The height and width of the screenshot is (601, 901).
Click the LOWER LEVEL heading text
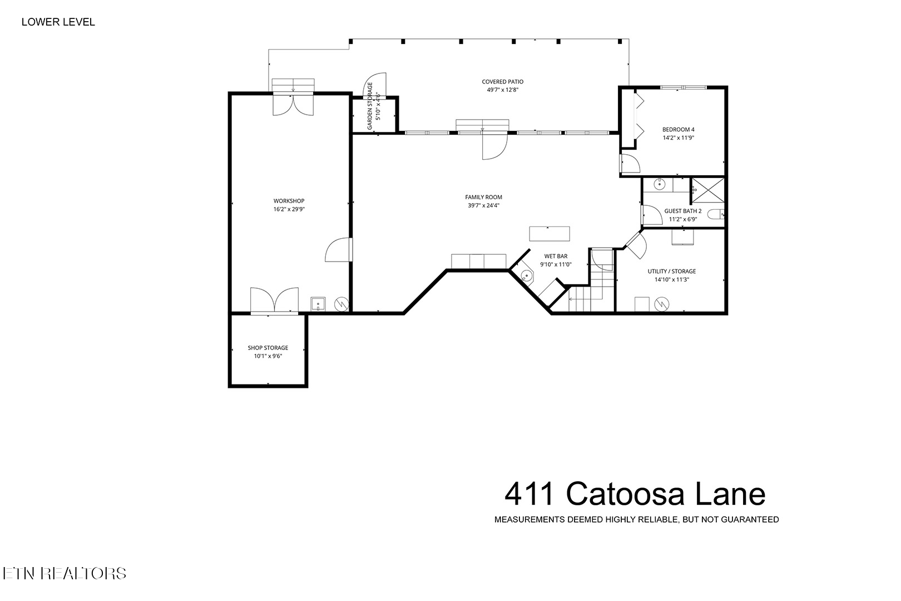click(58, 22)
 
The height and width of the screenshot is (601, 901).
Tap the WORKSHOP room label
click(289, 201)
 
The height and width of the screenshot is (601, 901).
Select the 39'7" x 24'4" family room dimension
click(483, 205)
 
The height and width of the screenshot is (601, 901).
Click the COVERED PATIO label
click(502, 82)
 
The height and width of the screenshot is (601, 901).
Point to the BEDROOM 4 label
click(678, 130)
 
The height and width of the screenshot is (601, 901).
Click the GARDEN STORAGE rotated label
click(370, 106)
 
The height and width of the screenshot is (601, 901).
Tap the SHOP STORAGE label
click(268, 348)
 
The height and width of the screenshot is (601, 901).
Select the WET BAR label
click(556, 256)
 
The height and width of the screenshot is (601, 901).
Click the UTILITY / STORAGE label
click(672, 272)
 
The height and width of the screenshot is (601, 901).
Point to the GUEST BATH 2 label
click(683, 211)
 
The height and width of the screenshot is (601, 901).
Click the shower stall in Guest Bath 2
click(708, 190)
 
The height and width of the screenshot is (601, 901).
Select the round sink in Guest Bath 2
click(659, 185)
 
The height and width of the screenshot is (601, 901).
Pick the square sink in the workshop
click(318, 304)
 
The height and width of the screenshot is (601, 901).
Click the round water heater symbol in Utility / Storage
click(662, 304)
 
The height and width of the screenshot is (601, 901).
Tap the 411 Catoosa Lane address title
click(635, 494)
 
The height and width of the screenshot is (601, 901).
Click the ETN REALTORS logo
click(65, 574)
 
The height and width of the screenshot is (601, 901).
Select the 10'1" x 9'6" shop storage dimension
click(268, 356)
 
